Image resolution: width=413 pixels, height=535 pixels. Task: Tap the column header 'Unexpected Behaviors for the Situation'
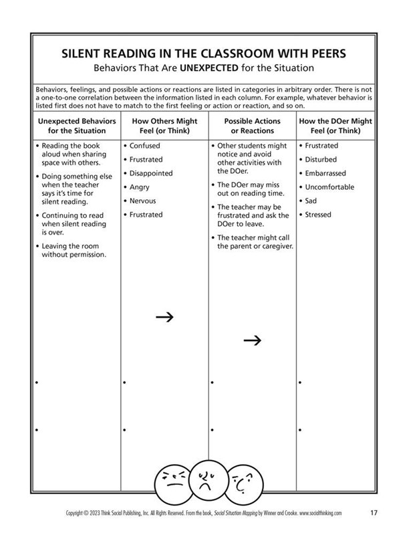point(76,126)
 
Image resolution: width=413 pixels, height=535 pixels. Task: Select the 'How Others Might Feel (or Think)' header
point(164,126)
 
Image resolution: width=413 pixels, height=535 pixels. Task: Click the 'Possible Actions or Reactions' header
point(252,126)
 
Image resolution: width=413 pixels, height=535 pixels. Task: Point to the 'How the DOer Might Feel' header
point(339,126)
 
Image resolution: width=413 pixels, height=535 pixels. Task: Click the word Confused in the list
point(144,146)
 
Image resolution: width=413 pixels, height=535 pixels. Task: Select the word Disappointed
point(150,173)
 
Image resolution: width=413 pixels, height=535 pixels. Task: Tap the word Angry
point(140,187)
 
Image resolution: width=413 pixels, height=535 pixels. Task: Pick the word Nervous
point(143,201)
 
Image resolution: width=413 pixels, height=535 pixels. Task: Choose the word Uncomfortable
point(329,187)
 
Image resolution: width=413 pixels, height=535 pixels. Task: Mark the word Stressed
point(318,215)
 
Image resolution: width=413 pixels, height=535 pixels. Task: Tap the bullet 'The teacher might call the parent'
point(255,241)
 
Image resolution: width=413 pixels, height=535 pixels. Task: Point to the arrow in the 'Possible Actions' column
point(252,340)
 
